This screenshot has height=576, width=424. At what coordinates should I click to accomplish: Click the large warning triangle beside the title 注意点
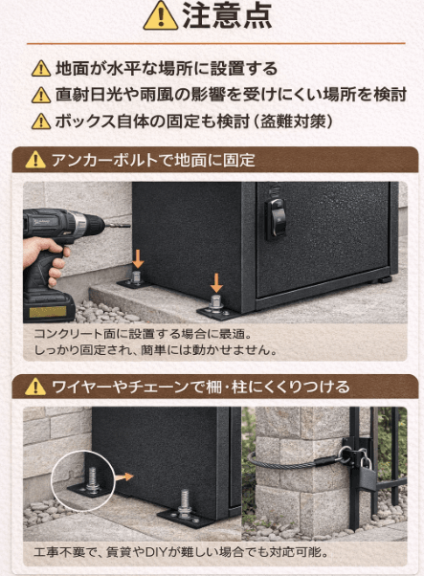160,16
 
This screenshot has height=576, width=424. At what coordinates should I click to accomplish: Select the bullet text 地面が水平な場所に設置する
167,69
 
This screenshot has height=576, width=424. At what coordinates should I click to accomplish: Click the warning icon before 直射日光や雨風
40,95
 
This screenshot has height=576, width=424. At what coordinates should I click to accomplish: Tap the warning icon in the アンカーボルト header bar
34,161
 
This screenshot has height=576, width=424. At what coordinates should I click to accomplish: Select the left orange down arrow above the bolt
138,258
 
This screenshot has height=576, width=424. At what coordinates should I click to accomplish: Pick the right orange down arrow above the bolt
216,282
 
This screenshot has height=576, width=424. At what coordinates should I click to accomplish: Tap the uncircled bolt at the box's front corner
185,501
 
